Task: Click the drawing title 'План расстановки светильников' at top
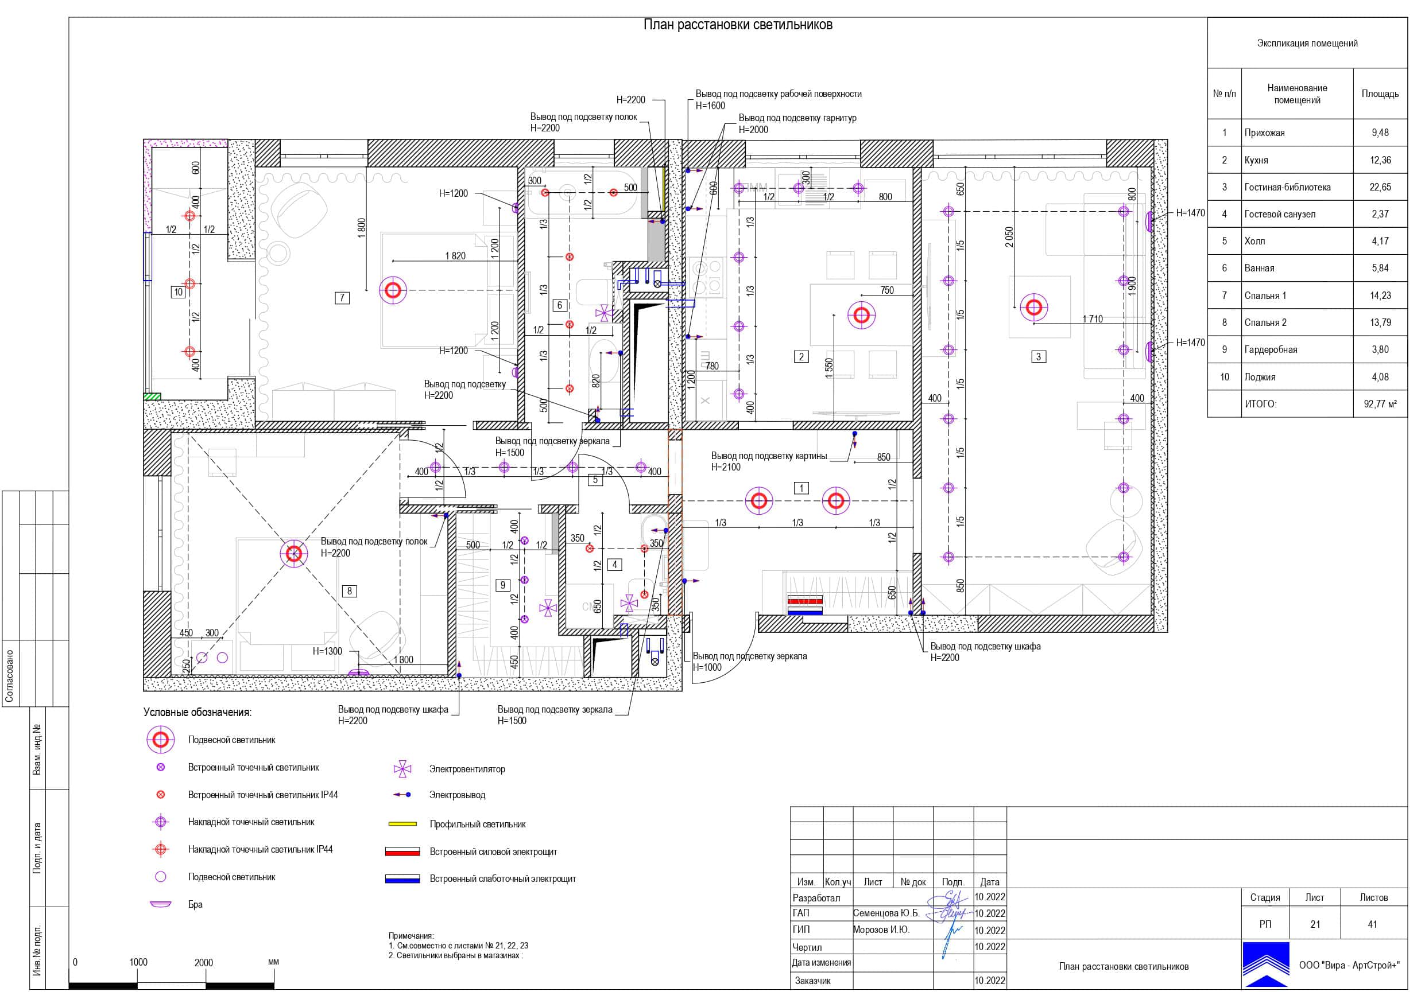[x=737, y=25]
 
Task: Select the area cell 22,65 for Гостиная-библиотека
[x=1380, y=186]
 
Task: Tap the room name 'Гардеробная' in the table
[x=1271, y=349]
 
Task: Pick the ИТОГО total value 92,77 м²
[x=1380, y=404]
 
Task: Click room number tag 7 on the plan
[x=342, y=298]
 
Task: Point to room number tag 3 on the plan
[x=1039, y=357]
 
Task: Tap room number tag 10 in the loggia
[x=179, y=292]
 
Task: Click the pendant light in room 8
[x=294, y=554]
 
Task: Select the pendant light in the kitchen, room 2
[x=861, y=315]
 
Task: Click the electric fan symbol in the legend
[x=402, y=769]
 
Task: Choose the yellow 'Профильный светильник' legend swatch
[x=402, y=824]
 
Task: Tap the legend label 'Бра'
[x=196, y=905]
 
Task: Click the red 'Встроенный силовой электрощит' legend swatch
[x=402, y=852]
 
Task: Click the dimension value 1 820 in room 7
[x=455, y=256]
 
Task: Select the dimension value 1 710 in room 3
[x=1093, y=319]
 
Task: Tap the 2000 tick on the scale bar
[x=204, y=963]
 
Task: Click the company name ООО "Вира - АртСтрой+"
[x=1349, y=966]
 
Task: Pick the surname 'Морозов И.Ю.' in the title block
[x=881, y=930]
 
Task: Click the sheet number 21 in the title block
[x=1315, y=924]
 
